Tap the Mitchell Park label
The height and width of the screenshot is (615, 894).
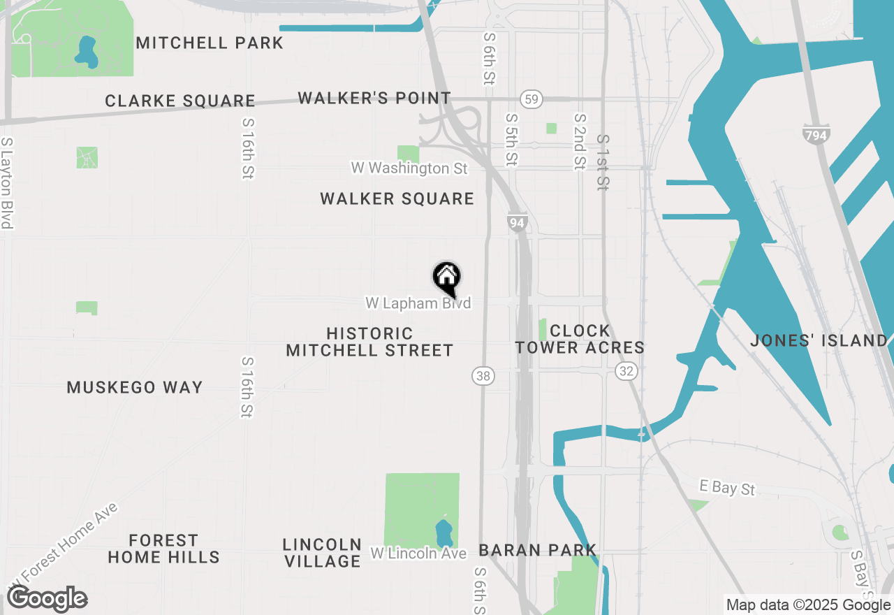[x=210, y=43]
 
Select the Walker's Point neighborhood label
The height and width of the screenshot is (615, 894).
[x=374, y=98]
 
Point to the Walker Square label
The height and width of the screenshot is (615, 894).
[x=397, y=199]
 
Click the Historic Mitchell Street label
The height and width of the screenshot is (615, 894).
[x=369, y=342]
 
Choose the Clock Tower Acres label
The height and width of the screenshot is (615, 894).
[x=580, y=339]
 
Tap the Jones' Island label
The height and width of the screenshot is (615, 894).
[x=819, y=341]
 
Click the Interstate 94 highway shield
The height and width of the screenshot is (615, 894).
[x=517, y=223]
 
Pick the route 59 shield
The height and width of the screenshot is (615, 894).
[x=532, y=99]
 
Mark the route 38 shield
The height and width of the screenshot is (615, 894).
[x=483, y=376]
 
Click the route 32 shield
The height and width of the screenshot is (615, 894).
[x=626, y=371]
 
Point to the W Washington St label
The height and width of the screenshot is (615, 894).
[x=409, y=168]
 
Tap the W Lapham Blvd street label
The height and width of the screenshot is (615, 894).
[x=418, y=303]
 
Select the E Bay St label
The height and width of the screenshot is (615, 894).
[x=728, y=487]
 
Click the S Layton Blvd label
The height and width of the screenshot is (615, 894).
[x=7, y=183]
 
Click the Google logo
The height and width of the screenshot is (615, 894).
[x=47, y=599]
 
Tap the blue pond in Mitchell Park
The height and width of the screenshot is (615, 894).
[x=87, y=52]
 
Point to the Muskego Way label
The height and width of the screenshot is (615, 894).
[x=135, y=387]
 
